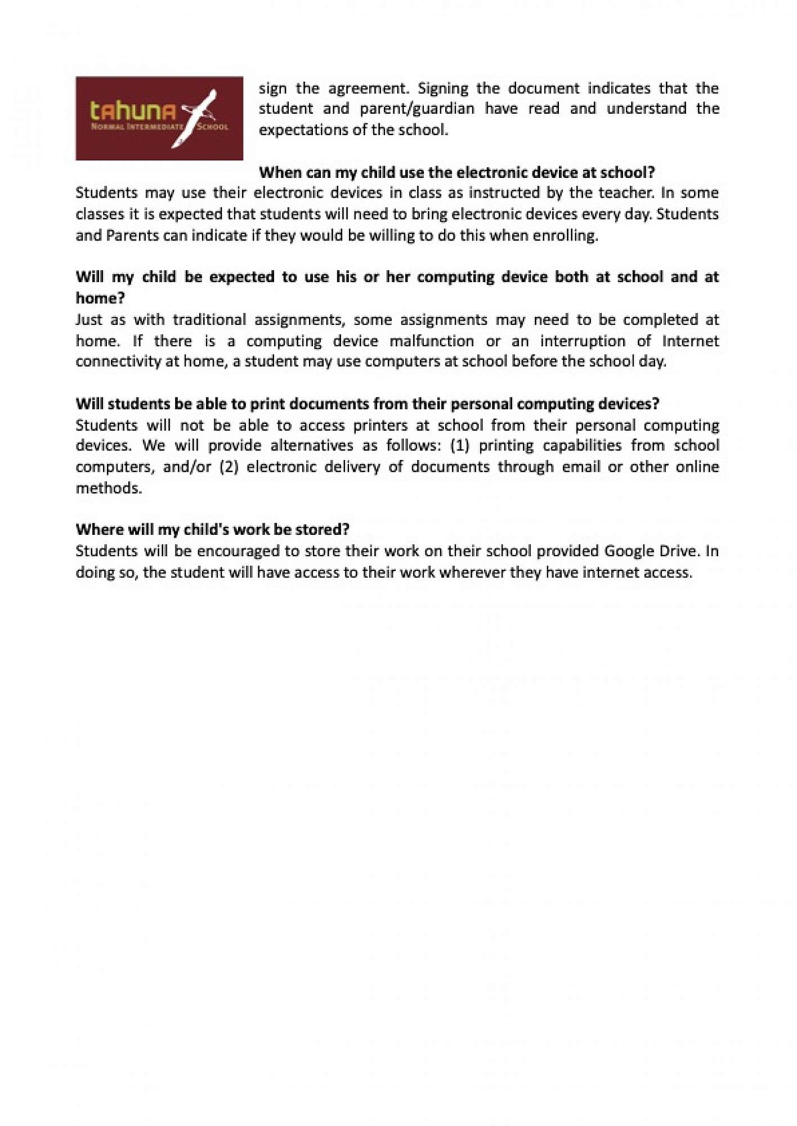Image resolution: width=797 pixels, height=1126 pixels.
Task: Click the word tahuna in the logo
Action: tap(133, 111)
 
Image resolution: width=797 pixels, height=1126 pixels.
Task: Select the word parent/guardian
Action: tap(417, 109)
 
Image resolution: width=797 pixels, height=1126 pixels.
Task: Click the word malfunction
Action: tap(432, 341)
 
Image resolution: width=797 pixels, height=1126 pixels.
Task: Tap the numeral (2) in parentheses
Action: tap(229, 467)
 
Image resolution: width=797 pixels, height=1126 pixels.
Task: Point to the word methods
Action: tap(109, 488)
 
